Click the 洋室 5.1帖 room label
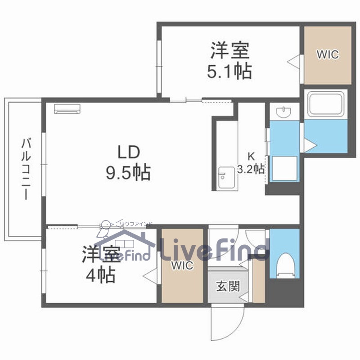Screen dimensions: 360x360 pos(229,60)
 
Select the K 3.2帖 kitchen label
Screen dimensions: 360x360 pos(251,163)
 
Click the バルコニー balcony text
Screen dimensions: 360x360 pos(26,168)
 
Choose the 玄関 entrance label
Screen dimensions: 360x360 pos(228,286)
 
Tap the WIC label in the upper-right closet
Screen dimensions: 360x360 pos(328,54)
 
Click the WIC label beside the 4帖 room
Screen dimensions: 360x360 pos(182,265)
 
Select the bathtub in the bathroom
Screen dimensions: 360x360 pos(326,104)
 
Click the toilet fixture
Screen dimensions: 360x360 pos(286,265)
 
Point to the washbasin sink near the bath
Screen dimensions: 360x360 pos(284,111)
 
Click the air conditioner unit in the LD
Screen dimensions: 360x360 pos(67,109)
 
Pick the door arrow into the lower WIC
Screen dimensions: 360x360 pos(151,274)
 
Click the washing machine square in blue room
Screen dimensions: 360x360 pos(285,169)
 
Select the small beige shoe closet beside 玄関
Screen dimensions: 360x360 pos(259,280)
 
